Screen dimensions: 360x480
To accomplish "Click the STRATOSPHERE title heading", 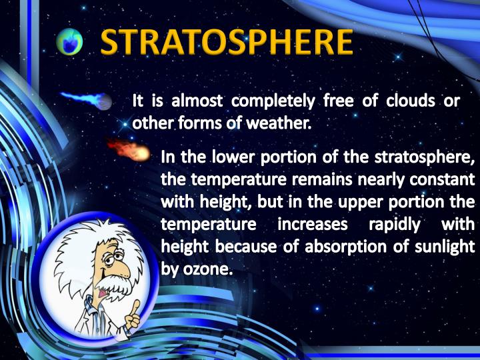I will point(227,42).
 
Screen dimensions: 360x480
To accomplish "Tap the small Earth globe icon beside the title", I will point(69,43).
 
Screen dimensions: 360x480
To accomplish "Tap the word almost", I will point(192,102).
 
